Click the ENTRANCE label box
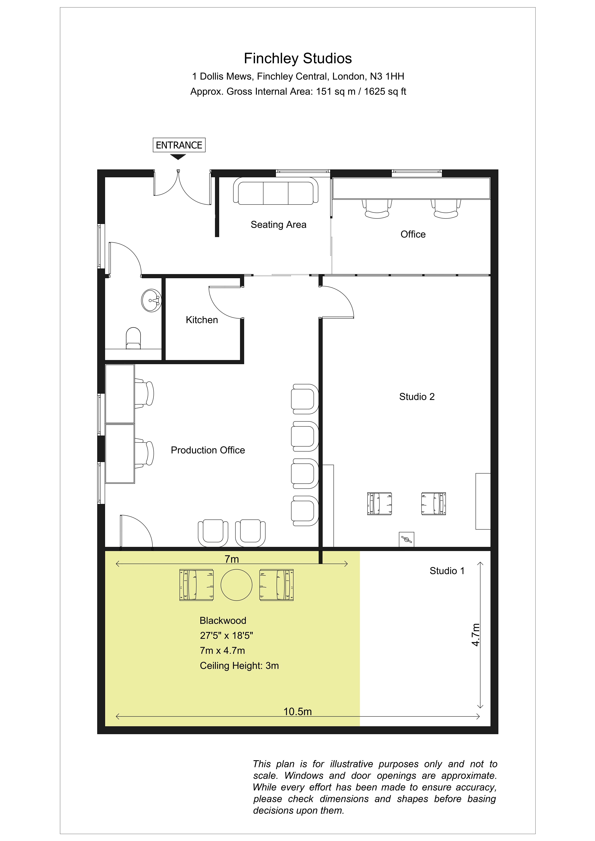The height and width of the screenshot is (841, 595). pyautogui.click(x=179, y=145)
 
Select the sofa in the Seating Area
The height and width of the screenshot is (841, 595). pyautogui.click(x=276, y=191)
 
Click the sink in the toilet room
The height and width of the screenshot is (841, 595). pyautogui.click(x=151, y=300)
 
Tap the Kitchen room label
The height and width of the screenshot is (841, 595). pyautogui.click(x=202, y=320)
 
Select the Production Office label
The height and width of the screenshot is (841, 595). pyautogui.click(x=208, y=450)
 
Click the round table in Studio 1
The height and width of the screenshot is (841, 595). pyautogui.click(x=236, y=585)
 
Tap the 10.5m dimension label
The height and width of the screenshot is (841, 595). pyautogui.click(x=298, y=712)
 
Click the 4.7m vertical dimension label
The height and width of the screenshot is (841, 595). pyautogui.click(x=475, y=635)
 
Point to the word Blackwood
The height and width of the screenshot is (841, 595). pyautogui.click(x=223, y=620)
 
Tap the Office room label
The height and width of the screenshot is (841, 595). pyautogui.click(x=413, y=234)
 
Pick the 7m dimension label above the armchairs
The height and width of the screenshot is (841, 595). pyautogui.click(x=232, y=559)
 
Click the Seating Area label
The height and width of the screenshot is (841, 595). pyautogui.click(x=278, y=224)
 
